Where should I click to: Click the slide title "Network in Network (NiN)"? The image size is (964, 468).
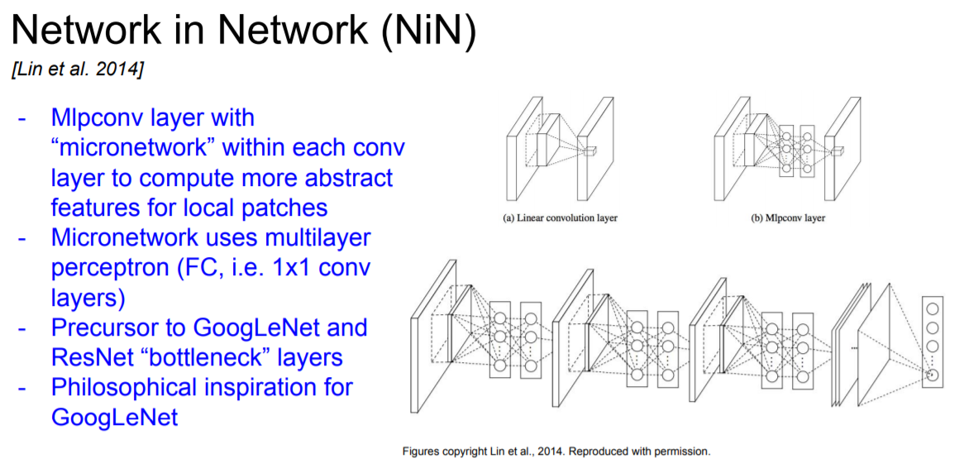tap(243, 31)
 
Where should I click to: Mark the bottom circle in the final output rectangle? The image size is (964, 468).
tap(933, 375)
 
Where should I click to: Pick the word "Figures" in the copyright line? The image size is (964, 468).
tap(421, 451)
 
